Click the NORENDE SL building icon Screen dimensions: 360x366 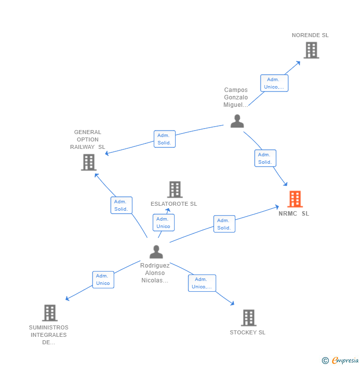coord(311,50)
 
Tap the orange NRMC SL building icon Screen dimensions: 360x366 coord(295,199)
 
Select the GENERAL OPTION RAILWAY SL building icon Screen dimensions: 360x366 coord(89,162)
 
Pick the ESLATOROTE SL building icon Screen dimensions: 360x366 coord(175,189)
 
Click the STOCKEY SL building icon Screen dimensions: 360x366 coord(248,318)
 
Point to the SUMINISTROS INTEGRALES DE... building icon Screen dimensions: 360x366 coord(49,313)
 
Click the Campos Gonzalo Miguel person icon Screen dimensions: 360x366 coord(237,121)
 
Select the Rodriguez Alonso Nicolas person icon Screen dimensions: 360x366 coord(156,252)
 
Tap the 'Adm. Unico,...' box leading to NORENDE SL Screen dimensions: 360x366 coord(274,83)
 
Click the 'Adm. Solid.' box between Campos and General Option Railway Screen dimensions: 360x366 coord(164,139)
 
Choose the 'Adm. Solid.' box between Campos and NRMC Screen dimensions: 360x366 coord(265,158)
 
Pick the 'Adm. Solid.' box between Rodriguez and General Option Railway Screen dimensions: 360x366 coord(121,205)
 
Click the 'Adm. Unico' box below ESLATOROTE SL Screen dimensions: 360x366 coord(163,223)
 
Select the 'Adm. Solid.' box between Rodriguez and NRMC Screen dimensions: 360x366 coord(224,224)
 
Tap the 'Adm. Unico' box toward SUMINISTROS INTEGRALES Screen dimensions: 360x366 coord(103,279)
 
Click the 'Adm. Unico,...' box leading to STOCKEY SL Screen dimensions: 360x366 coord(202,283)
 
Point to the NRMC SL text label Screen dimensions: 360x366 coord(294,214)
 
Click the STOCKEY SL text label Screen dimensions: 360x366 coord(247,332)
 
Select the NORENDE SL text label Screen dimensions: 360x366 coord(310,35)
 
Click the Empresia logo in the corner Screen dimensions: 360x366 coord(341,361)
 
